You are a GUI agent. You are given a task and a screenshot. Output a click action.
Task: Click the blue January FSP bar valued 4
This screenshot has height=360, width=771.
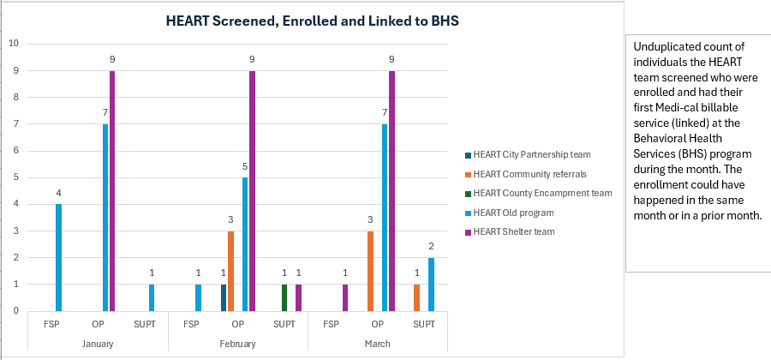58,257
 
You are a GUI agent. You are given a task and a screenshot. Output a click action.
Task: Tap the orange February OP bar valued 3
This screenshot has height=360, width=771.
230,271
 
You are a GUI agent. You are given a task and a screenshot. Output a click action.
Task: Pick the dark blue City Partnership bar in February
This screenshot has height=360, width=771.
223,297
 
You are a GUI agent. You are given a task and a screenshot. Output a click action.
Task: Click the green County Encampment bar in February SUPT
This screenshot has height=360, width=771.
284,297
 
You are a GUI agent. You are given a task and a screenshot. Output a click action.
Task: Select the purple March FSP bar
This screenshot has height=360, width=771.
345,297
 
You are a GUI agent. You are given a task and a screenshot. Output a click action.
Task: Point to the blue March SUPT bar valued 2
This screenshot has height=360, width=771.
432,284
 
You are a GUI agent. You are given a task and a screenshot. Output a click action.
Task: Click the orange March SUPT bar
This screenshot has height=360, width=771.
416,297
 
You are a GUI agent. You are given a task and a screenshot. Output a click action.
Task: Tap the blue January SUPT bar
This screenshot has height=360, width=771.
152,297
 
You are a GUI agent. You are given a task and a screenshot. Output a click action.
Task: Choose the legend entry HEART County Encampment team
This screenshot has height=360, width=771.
542,193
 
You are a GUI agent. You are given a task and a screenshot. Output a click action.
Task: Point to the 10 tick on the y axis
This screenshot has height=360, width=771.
13,44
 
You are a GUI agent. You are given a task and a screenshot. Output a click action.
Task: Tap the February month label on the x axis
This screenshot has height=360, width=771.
238,343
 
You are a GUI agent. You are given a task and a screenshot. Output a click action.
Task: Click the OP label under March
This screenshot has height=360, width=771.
378,325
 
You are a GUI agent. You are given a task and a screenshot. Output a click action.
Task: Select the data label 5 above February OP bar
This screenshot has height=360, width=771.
246,167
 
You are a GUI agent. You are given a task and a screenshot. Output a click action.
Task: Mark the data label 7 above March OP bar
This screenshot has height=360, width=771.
385,113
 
